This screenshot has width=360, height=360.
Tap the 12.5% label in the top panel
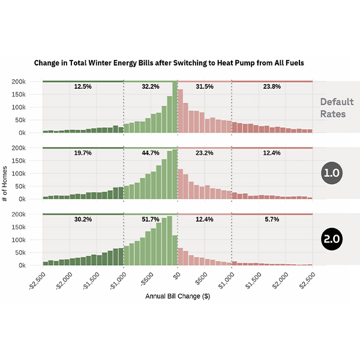(x=83, y=87)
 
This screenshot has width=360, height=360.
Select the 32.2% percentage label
(x=151, y=87)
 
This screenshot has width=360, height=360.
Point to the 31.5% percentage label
(x=205, y=87)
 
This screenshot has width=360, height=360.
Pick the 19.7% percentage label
(x=83, y=153)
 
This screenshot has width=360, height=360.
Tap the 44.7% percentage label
(x=151, y=153)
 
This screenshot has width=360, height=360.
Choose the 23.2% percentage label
(x=205, y=153)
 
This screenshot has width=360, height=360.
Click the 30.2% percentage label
(x=83, y=220)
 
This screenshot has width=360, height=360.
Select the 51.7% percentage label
(x=151, y=220)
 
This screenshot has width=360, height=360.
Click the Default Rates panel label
(x=337, y=107)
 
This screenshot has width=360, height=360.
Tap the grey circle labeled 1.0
(x=332, y=173)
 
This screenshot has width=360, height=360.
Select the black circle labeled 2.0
(x=332, y=239)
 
